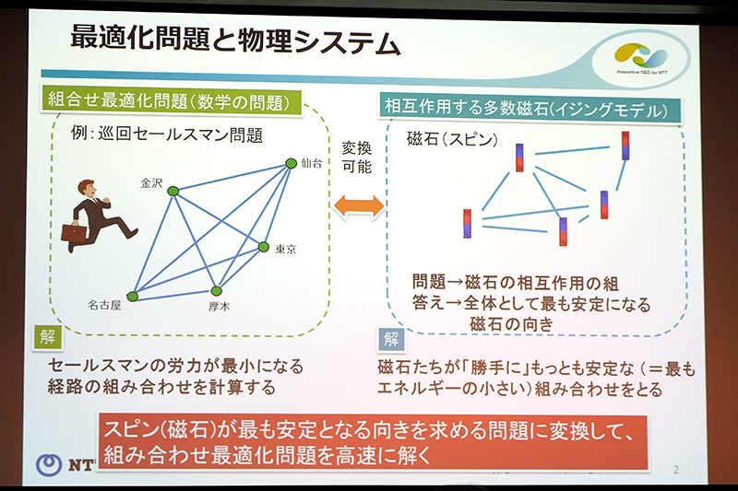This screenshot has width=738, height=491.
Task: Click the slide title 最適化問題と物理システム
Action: coord(235,42)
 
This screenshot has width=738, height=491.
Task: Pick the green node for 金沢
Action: coord(173,191)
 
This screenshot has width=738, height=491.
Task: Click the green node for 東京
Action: coord(263,247)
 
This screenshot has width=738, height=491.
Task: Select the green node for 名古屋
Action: coord(132,296)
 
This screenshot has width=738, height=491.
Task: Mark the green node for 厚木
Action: coord(216,291)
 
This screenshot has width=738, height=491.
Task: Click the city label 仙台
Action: coord(311,163)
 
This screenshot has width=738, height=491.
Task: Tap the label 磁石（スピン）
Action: coord(452,140)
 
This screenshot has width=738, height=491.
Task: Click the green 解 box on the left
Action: coord(45,337)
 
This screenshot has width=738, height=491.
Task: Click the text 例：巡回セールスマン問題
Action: coord(167,135)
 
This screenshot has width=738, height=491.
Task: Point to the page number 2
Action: coord(675,470)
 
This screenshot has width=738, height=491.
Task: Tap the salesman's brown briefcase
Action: coord(74,232)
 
